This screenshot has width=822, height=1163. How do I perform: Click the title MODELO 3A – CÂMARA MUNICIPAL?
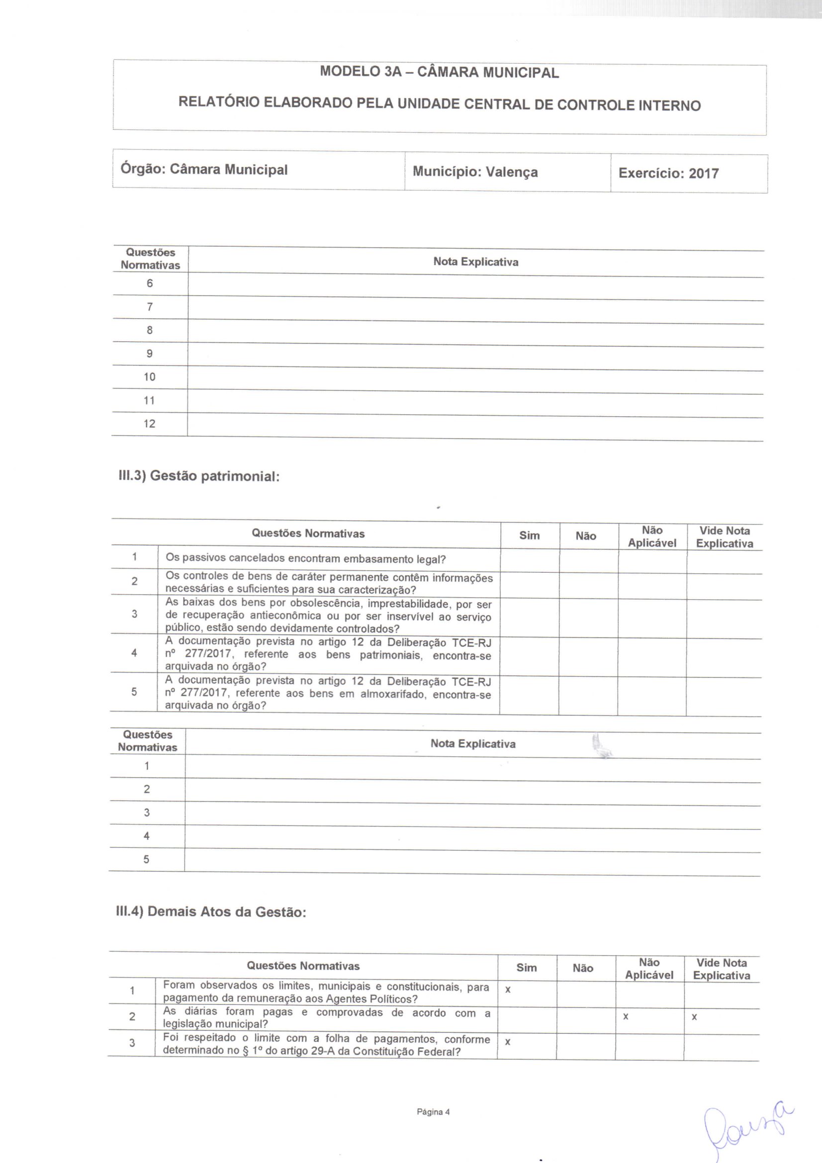(439, 72)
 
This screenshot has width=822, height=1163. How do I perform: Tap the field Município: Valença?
(475, 172)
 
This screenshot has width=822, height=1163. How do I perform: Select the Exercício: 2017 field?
(668, 173)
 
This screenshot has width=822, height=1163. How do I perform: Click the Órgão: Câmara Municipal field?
(203, 169)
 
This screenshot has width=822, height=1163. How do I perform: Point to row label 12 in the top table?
(149, 424)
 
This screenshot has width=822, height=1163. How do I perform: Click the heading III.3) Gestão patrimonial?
(198, 476)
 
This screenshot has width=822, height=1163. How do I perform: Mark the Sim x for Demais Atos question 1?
(508, 989)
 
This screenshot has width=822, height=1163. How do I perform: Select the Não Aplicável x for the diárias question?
(626, 1016)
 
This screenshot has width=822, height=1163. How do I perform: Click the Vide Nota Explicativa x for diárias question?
(694, 1017)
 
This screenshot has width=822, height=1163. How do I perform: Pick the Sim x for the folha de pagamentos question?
(508, 1042)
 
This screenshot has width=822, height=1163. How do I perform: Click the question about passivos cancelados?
(305, 559)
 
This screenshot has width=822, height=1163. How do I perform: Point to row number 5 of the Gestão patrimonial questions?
(134, 692)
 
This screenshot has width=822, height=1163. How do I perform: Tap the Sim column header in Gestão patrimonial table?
(529, 536)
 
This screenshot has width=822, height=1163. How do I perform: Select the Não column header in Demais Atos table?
(583, 968)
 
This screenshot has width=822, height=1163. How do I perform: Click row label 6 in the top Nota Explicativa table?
(149, 283)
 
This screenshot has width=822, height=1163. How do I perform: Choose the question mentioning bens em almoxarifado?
(328, 694)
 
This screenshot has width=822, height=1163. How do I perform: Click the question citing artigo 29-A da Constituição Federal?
(326, 1045)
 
